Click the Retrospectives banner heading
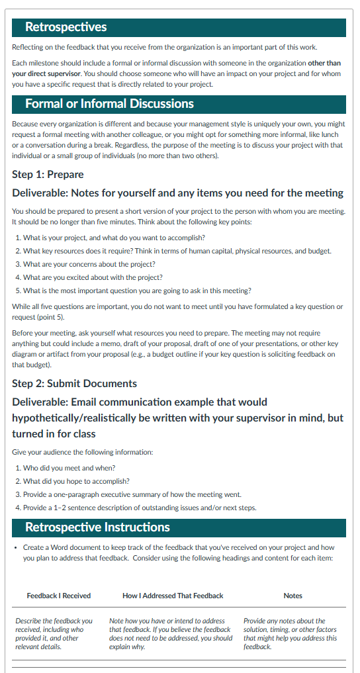(66, 27)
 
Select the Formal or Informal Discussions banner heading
(109, 104)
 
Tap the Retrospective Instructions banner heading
(97, 527)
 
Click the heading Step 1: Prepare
(48, 175)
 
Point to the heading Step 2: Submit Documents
(74, 384)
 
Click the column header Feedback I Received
(59, 596)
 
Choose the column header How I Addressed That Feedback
(173, 596)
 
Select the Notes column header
(292, 596)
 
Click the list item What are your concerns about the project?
(89, 264)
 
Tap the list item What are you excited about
(92, 277)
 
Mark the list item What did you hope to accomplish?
(76, 481)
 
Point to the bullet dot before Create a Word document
(15, 548)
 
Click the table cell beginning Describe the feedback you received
(54, 633)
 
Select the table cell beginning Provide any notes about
(289, 633)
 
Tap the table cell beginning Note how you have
(171, 633)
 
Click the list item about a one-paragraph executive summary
(132, 494)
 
